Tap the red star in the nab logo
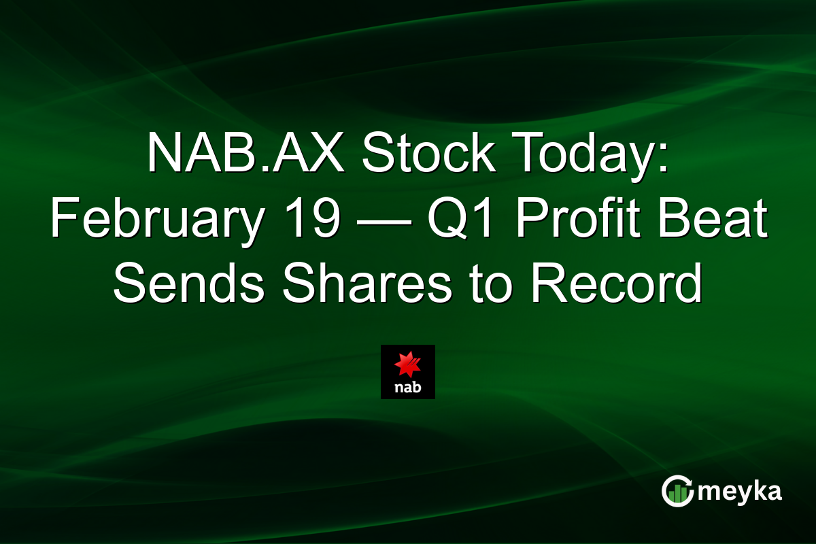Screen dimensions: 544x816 point(408,364)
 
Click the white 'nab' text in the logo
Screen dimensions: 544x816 point(408,388)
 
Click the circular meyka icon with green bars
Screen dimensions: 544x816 point(677,492)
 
